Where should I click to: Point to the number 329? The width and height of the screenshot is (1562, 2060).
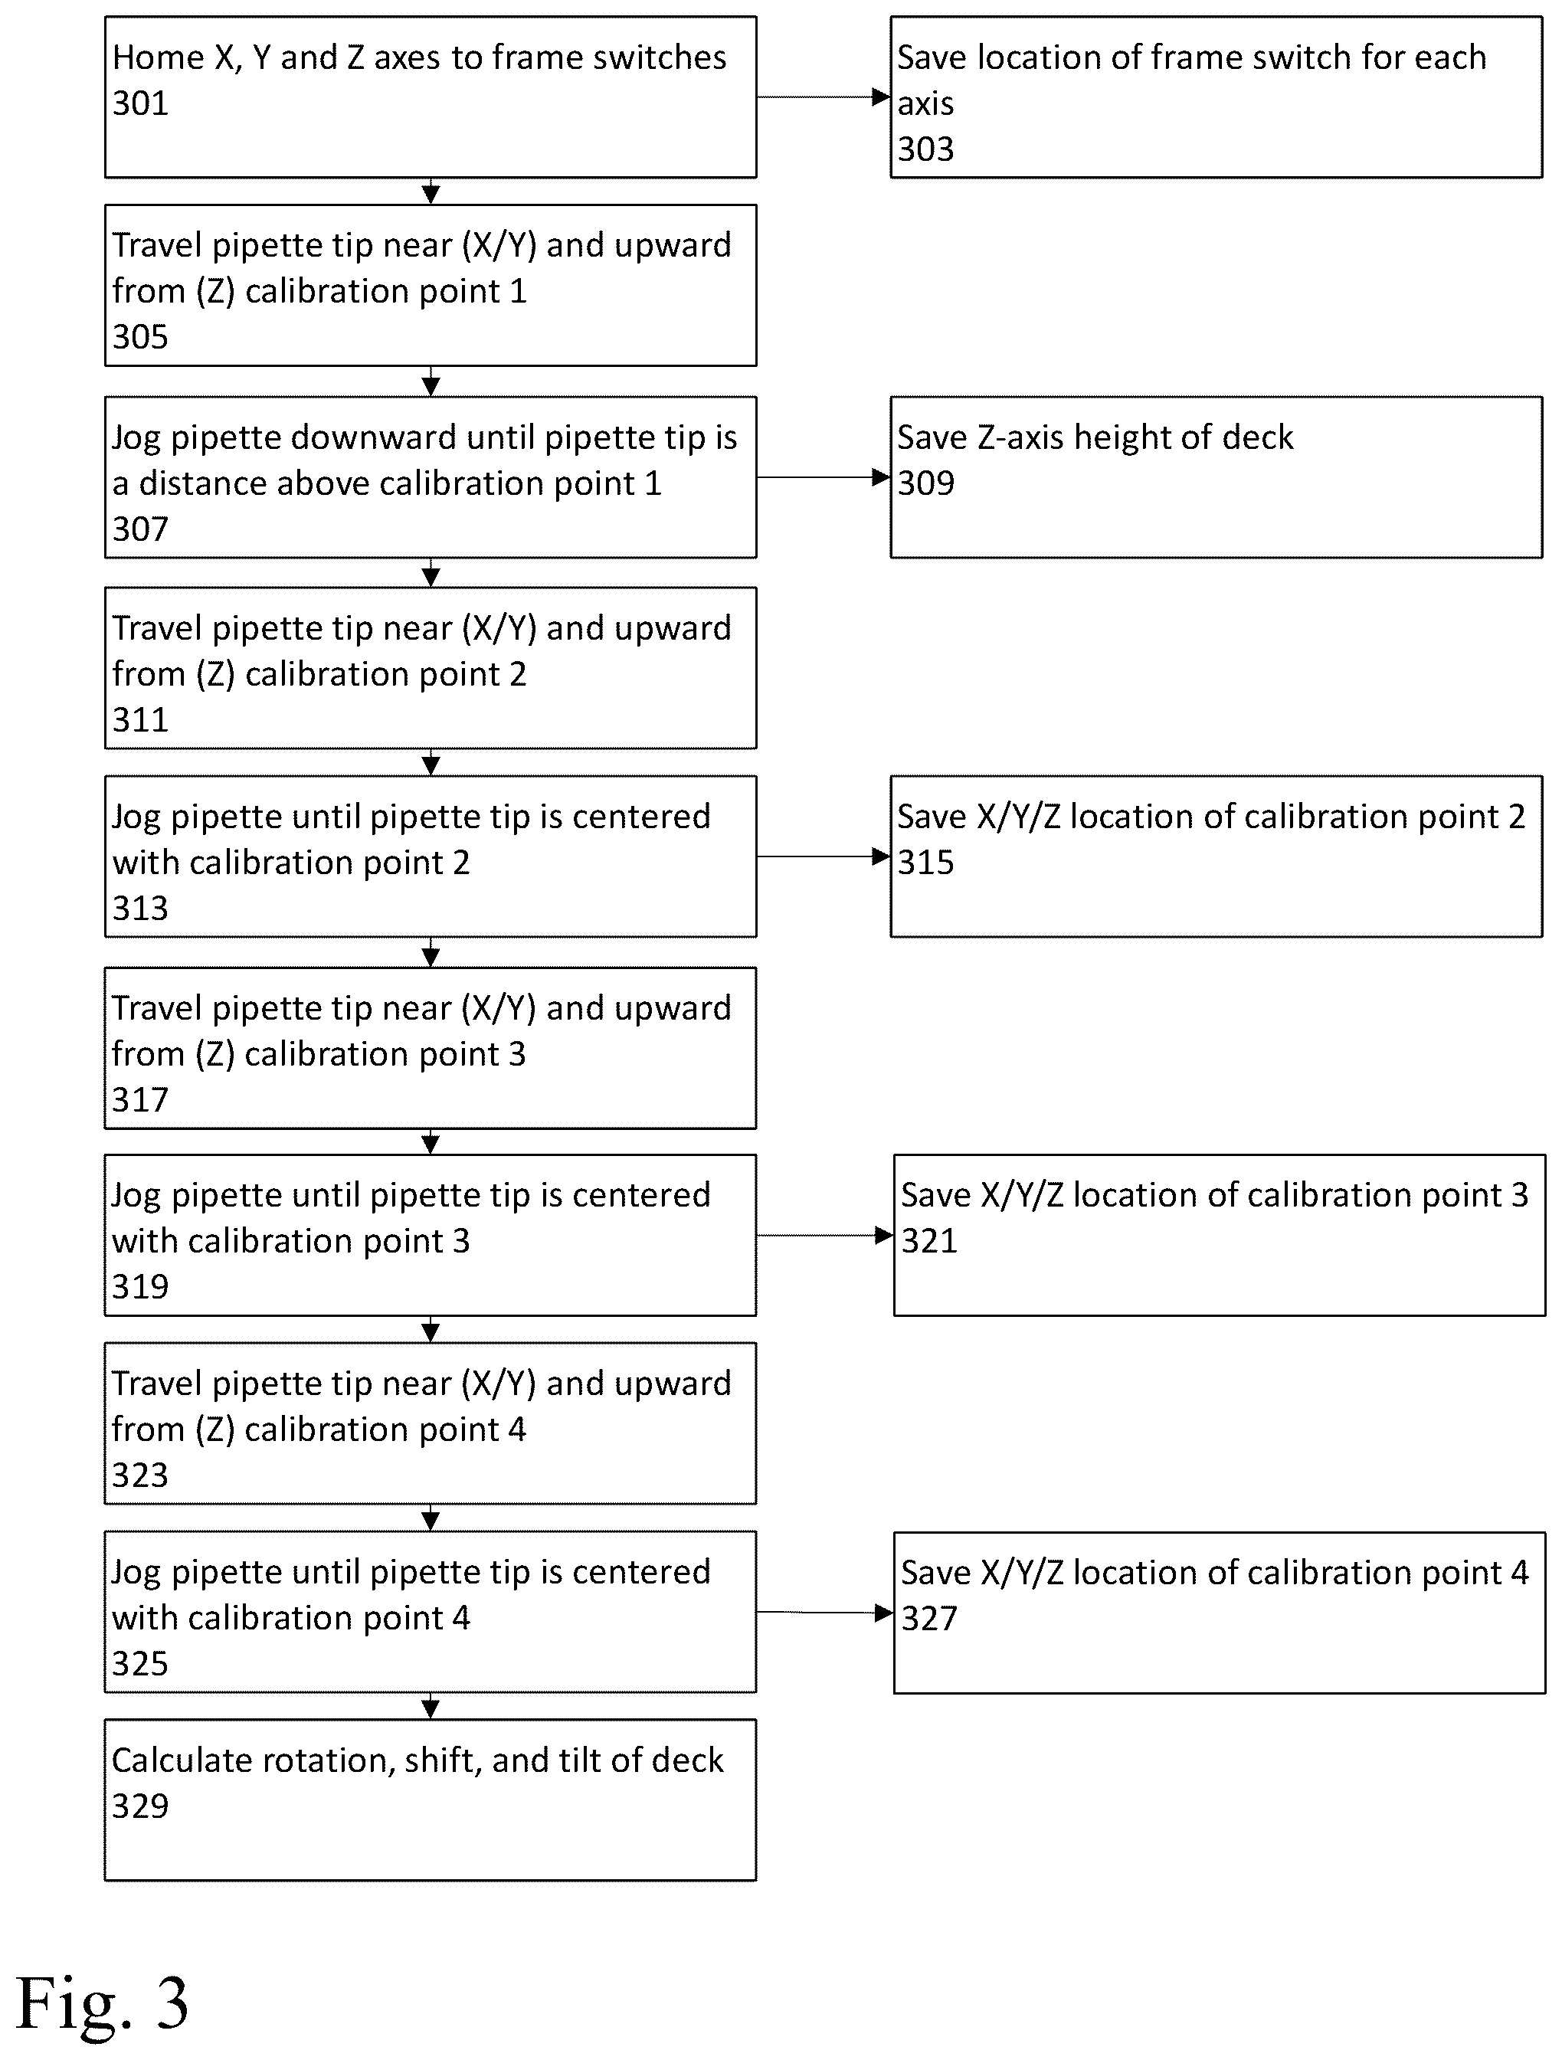(x=139, y=1806)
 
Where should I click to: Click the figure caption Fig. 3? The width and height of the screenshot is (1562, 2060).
(x=103, y=2003)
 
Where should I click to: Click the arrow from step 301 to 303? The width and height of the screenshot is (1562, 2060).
(x=824, y=97)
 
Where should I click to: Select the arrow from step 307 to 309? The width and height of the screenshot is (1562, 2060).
(x=824, y=478)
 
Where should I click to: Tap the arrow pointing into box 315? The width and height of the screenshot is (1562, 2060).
(x=824, y=856)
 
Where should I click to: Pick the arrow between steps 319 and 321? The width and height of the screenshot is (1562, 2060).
(x=825, y=1236)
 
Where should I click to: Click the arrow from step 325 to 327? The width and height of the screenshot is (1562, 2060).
(x=825, y=1613)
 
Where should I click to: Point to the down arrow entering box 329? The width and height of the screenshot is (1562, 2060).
(x=431, y=1705)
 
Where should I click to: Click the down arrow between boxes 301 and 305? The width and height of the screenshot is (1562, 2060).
(x=431, y=191)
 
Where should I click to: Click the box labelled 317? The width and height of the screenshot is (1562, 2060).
(x=431, y=1048)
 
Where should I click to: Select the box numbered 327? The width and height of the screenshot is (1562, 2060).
(x=1220, y=1613)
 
